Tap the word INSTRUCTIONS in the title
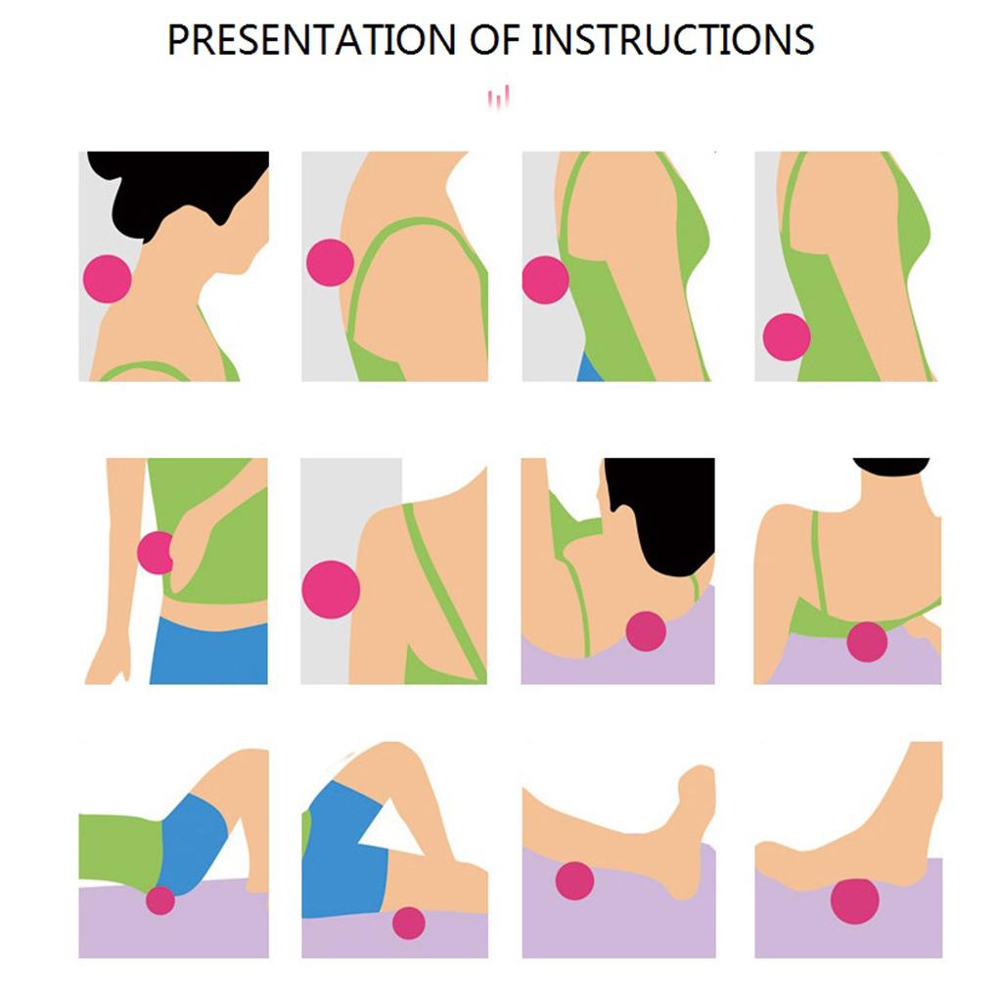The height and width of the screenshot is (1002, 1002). pyautogui.click(x=672, y=39)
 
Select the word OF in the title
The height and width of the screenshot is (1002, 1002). pyautogui.click(x=494, y=39)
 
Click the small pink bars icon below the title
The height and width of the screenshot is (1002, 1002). pyautogui.click(x=498, y=97)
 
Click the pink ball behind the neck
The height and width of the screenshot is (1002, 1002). pyautogui.click(x=108, y=279)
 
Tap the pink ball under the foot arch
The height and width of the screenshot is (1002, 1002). pyautogui.click(x=855, y=901)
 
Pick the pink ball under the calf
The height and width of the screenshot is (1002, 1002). pyautogui.click(x=575, y=881)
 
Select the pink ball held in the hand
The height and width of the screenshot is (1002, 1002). pyautogui.click(x=155, y=553)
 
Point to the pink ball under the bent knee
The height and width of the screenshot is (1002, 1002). pyautogui.click(x=409, y=923)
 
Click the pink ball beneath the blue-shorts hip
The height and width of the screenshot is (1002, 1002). pyautogui.click(x=160, y=900)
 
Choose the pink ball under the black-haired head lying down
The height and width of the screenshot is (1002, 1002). pyautogui.click(x=646, y=631)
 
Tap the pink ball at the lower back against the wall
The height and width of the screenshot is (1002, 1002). pyautogui.click(x=787, y=337)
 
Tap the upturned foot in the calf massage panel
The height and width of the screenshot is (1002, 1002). pyautogui.click(x=694, y=824)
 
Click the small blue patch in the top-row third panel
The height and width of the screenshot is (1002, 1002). pyautogui.click(x=589, y=368)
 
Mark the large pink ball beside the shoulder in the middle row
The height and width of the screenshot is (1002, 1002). pyautogui.click(x=331, y=589)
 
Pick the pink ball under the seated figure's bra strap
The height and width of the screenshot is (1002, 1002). pyautogui.click(x=867, y=642)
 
